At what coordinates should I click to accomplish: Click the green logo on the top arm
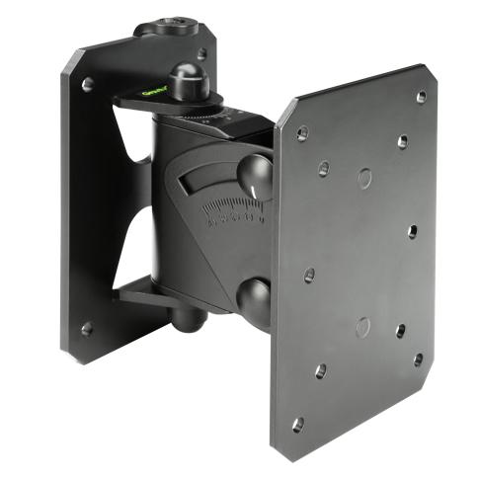[152, 94]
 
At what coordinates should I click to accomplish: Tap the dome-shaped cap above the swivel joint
[186, 78]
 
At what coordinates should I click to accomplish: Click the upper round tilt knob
[256, 176]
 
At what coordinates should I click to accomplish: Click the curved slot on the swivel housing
[212, 181]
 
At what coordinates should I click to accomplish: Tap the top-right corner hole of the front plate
[422, 97]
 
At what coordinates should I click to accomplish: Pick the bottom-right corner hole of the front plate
[418, 359]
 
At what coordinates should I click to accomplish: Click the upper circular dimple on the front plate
[365, 178]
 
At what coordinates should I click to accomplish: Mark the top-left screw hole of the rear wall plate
[87, 85]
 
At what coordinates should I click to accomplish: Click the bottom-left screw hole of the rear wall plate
[87, 328]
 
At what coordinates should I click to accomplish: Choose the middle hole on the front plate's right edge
[412, 232]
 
